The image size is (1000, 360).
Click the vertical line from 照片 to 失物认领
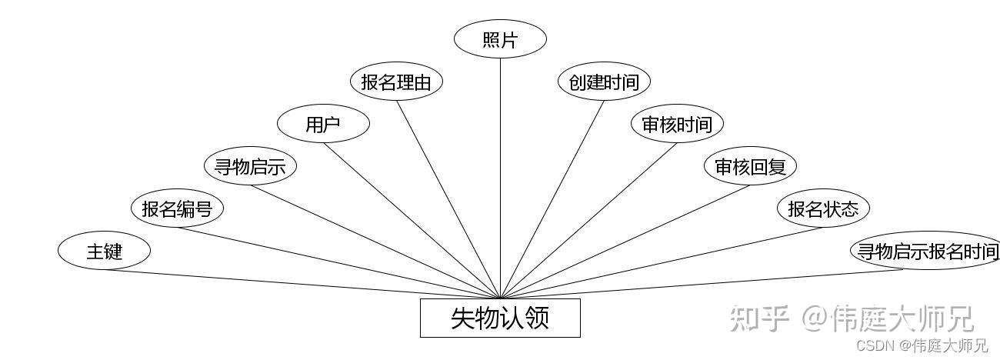(x=500, y=178)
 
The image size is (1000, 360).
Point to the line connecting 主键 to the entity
(x=302, y=284)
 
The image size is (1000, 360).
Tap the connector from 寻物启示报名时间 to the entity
(x=702, y=284)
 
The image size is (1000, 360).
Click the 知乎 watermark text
(x=759, y=318)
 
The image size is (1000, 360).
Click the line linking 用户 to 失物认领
(x=412, y=221)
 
